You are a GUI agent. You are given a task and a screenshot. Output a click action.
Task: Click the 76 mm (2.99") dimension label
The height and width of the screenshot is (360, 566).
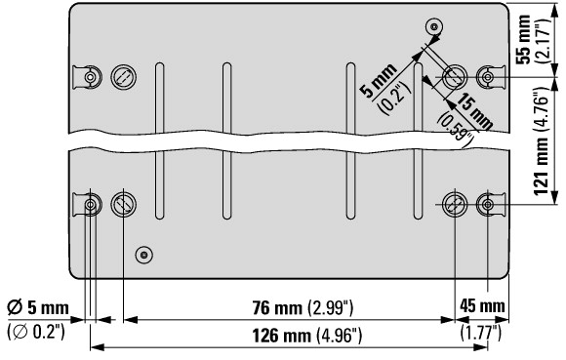tap(303, 308)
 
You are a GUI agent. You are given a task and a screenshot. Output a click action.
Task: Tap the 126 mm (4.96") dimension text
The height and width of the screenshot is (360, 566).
tap(306, 336)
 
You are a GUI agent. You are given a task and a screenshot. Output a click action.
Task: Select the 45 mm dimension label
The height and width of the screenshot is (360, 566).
tap(482, 306)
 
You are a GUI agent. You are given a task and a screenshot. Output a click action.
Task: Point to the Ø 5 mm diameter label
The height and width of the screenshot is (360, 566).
tap(38, 307)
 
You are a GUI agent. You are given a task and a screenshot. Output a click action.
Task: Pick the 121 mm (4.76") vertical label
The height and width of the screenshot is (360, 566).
tap(541, 140)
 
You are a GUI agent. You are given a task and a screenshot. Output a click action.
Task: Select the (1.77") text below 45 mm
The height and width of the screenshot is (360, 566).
tap(481, 333)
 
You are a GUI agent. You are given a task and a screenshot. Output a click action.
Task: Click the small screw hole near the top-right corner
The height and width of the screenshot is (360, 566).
tap(434, 27)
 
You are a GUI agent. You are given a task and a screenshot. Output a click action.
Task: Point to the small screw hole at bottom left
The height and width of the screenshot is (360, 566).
tap(144, 255)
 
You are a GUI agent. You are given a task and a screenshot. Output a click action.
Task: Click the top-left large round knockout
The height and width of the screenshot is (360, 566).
tap(124, 77)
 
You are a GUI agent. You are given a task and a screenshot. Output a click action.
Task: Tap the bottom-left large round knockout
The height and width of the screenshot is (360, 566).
tap(124, 205)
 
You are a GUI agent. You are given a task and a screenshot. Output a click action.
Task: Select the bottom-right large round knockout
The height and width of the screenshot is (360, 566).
tap(455, 205)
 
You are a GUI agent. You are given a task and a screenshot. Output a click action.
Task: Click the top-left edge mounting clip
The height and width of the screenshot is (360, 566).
tap(87, 77)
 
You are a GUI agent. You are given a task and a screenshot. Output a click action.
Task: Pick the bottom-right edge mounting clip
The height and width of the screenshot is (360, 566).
tap(491, 205)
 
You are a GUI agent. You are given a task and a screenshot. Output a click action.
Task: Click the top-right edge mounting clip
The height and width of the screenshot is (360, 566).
tap(491, 77)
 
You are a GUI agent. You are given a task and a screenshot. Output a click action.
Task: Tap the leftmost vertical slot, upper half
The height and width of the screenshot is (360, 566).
tap(159, 98)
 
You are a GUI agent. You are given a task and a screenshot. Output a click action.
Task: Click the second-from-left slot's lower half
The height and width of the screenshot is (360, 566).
tap(227, 185)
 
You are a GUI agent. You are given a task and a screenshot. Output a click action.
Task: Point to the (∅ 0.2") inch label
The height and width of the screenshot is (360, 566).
tap(36, 332)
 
